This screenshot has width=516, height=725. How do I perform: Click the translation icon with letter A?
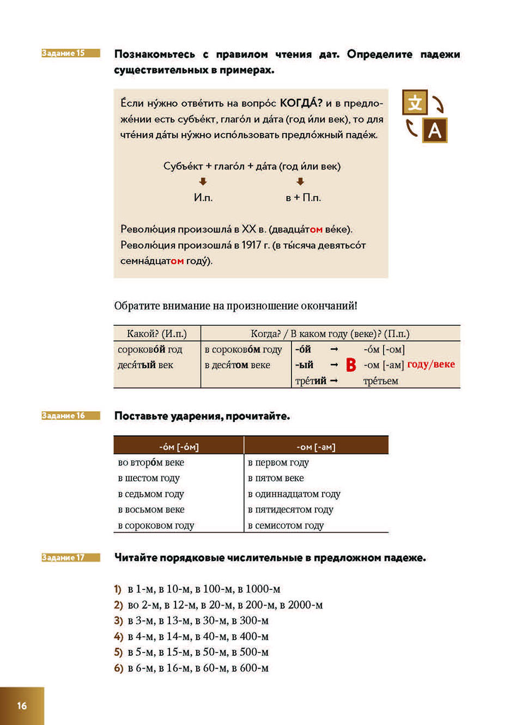coord(434,131)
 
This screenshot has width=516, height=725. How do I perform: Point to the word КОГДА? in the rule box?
coord(301,103)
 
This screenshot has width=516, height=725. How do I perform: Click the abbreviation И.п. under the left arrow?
coord(203,198)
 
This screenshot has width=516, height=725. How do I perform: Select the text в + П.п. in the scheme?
coord(303,198)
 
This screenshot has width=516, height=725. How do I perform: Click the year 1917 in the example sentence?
coord(251,245)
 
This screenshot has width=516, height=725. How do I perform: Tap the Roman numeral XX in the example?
coord(248,229)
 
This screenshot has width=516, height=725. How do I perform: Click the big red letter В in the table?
coord(351,365)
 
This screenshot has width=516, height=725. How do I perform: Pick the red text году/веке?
coord(430,364)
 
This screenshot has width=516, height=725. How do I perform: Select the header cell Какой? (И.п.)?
coord(157,334)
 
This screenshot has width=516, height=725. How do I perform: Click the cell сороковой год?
coord(150,350)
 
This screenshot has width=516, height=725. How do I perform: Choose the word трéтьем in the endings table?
coord(380,381)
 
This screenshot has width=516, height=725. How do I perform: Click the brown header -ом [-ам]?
coord(316,447)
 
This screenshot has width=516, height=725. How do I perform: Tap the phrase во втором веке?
coord(151,462)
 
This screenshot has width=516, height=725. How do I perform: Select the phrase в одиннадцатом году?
coord(294,494)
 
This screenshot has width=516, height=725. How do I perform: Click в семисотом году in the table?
coord(286,526)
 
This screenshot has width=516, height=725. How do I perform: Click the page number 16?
coord(22,705)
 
